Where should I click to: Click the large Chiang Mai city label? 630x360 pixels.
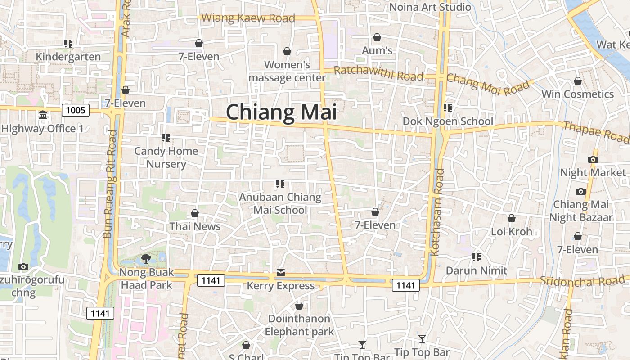click(x=281, y=112)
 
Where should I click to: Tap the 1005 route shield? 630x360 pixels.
click(x=76, y=110)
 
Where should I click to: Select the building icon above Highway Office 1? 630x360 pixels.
click(x=43, y=115)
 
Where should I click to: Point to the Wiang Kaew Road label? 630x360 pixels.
click(x=248, y=18)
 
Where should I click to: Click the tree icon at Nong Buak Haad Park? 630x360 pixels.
click(x=146, y=258)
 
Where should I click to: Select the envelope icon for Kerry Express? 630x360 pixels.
click(x=281, y=272)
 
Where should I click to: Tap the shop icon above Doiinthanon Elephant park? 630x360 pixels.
click(x=299, y=306)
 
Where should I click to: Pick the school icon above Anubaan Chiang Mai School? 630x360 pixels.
click(x=280, y=184)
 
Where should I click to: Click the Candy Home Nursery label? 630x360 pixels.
click(x=166, y=157)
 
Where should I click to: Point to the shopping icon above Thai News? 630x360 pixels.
click(x=195, y=213)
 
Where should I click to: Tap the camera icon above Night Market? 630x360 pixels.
click(x=593, y=159)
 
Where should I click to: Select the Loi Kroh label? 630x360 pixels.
click(x=512, y=232)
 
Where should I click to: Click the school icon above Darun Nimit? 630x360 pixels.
click(x=477, y=257)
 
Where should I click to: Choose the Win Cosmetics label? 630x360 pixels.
click(x=578, y=94)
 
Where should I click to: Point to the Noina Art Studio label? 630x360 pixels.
click(x=430, y=7)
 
